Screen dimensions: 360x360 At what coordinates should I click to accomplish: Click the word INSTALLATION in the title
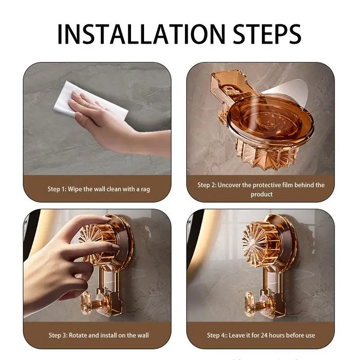141,34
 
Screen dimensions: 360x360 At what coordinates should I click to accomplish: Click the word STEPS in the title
267,34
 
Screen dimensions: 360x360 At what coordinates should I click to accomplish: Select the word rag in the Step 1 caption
145,189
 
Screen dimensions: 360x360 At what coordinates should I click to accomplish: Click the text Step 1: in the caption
57,189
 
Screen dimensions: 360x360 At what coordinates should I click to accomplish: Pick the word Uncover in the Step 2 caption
229,185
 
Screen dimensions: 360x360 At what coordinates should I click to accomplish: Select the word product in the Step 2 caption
261,194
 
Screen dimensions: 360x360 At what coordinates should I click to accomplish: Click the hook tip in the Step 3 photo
86,301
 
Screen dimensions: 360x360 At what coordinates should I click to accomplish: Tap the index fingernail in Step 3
116,247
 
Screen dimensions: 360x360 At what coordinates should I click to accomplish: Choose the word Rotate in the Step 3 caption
78,335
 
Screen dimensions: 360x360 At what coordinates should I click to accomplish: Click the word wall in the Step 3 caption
143,335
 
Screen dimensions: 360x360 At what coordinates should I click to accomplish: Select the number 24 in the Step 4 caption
264,335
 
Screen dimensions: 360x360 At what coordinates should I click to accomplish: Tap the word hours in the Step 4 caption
277,335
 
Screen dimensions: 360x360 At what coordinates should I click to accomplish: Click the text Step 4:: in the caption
217,335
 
